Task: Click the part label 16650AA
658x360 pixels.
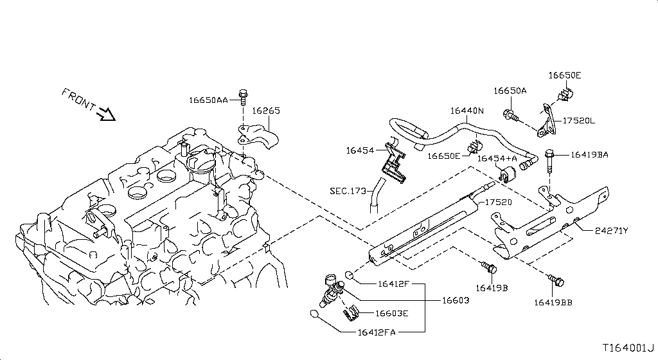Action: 208,100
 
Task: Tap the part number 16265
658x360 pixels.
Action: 265,111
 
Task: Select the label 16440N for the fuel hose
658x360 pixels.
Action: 467,111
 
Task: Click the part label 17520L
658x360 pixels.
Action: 579,120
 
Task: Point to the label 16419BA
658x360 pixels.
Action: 589,154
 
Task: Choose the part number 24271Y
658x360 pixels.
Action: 611,230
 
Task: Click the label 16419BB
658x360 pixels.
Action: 553,302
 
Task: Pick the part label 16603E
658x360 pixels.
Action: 391,314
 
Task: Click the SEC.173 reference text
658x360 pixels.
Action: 348,190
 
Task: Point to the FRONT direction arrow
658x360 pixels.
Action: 104,114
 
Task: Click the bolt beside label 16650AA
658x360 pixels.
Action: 243,97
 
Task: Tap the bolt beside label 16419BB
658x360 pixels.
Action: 555,281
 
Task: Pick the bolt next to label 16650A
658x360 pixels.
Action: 510,116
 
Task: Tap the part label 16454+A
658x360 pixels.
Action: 503,158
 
